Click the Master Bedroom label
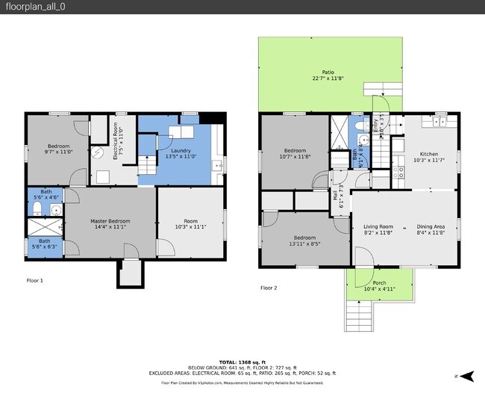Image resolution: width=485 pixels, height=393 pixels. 110,221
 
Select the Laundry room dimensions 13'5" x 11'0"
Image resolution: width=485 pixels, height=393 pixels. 180,156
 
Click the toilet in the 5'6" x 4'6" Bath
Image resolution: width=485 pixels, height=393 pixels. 37,206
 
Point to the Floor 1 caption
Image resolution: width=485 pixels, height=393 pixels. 34,280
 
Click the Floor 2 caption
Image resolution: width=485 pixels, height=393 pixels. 269,288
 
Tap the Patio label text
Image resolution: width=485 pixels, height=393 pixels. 328,72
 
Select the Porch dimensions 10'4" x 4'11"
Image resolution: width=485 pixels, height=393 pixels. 379,289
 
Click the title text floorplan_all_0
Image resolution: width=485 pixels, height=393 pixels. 32,7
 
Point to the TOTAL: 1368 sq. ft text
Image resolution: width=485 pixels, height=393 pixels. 242,361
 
